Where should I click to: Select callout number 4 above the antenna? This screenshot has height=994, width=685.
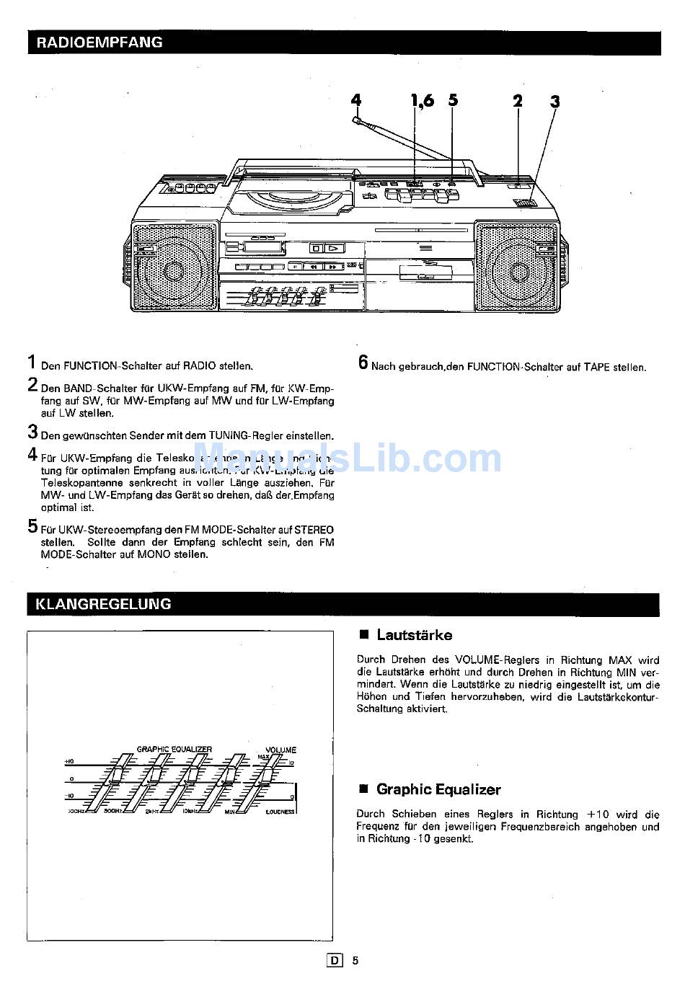(355, 101)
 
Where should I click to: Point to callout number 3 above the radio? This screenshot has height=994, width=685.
(554, 102)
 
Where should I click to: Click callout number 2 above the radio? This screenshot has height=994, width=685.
(518, 101)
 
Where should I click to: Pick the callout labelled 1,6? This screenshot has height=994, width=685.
(423, 100)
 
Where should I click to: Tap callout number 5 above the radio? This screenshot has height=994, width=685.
(453, 100)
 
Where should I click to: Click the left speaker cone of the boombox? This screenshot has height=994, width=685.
(173, 271)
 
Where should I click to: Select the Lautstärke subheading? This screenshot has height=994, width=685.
(414, 635)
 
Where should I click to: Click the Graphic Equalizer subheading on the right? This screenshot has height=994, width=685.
(438, 789)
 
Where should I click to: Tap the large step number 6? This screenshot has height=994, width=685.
(363, 362)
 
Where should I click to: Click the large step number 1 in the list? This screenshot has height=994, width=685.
(32, 362)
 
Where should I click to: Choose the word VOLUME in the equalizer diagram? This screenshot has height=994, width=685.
(280, 750)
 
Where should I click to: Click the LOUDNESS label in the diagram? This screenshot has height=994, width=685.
(280, 812)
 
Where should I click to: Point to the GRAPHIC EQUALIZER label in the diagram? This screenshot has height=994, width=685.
(174, 749)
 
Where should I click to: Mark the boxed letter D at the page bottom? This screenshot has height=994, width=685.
(334, 960)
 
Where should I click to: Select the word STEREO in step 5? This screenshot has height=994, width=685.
(314, 530)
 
